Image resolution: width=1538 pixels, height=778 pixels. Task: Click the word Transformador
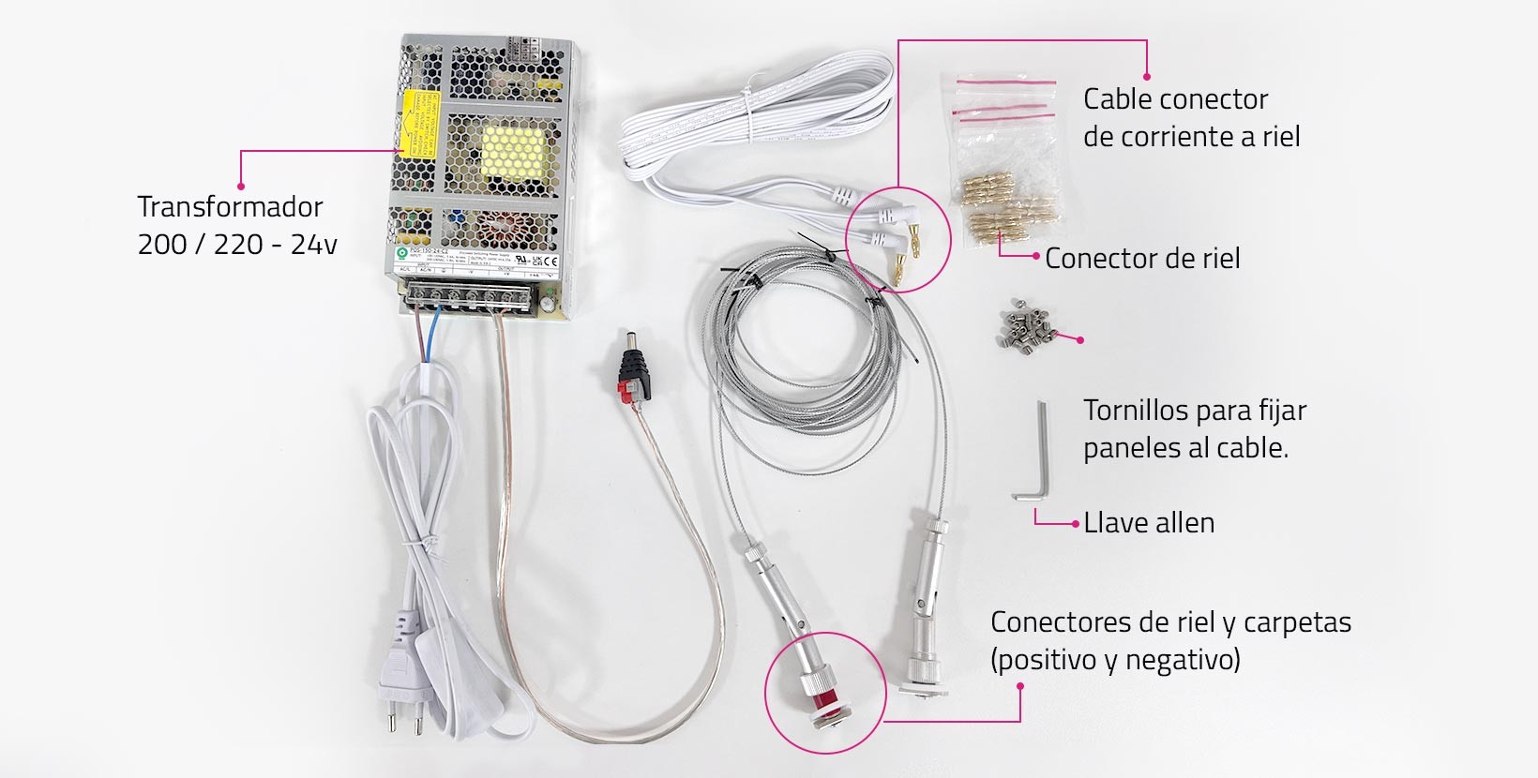pyautogui.click(x=230, y=207)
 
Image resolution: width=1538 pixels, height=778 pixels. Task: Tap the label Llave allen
pyautogui.click(x=1149, y=523)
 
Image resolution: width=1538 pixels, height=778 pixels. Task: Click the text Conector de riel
pyautogui.click(x=1142, y=259)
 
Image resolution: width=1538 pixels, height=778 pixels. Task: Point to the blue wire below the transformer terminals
pyautogui.click(x=430, y=342)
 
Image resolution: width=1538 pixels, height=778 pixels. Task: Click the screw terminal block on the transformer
pyautogui.click(x=474, y=300)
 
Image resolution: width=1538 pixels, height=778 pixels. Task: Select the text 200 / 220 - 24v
pyautogui.click(x=237, y=245)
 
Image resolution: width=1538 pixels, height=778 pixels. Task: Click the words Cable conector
pyautogui.click(x=1175, y=99)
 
